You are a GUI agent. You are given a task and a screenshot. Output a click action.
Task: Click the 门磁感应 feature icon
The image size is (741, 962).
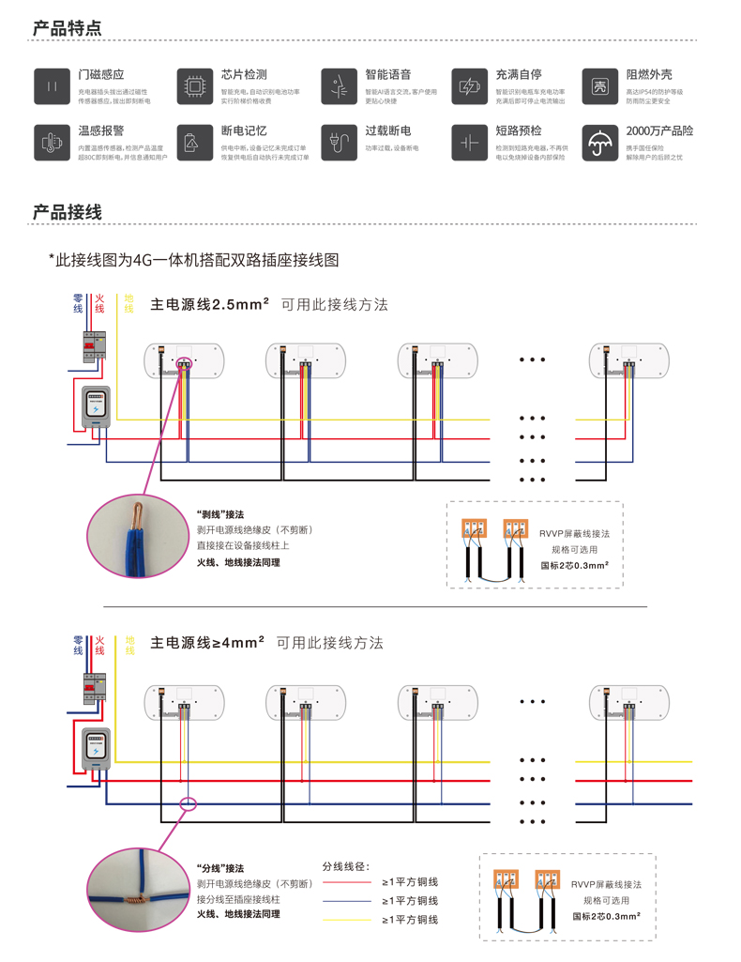pos(52,85)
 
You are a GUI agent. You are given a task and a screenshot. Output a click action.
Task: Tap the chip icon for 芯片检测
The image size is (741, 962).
pos(195,85)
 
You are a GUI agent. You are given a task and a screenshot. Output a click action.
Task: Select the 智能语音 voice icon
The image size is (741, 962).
pos(339,85)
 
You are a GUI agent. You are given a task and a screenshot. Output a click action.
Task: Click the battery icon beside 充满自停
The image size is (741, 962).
pos(469,85)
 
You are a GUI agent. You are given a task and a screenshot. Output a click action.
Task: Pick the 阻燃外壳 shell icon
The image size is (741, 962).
pos(599,85)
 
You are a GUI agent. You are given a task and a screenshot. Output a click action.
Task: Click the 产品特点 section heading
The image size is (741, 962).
pos(68,28)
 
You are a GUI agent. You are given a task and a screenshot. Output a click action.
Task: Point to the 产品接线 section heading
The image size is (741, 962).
pos(68,213)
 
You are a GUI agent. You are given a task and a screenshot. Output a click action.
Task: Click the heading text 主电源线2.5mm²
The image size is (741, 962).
pos(210,305)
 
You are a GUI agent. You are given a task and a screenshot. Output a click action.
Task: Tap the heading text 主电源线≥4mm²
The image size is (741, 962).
pos(207,643)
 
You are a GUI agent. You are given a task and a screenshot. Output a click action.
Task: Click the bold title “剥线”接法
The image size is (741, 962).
pos(220,514)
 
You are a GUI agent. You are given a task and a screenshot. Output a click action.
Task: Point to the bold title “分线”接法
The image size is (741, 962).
pos(220,868)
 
